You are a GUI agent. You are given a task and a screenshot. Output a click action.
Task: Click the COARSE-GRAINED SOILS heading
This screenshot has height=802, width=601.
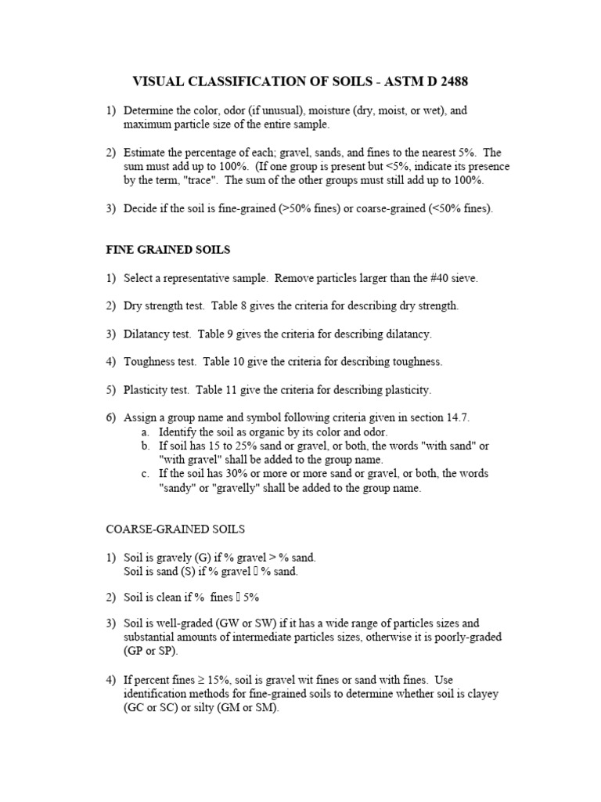(x=176, y=529)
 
